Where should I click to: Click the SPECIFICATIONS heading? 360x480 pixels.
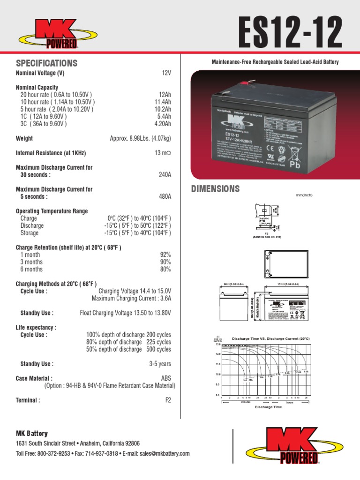pyautogui.click(x=46, y=63)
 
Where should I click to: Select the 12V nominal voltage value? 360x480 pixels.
pyautogui.click(x=166, y=74)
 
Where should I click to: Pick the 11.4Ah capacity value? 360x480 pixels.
pyautogui.click(x=163, y=102)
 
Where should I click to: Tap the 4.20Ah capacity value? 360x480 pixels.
pyautogui.click(x=163, y=124)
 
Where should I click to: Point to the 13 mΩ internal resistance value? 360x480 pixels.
pyautogui.click(x=163, y=153)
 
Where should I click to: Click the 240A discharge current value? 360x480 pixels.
pyautogui.click(x=165, y=175)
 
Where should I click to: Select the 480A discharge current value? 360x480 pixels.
pyautogui.click(x=165, y=197)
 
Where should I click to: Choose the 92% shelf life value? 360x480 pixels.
pyautogui.click(x=165, y=255)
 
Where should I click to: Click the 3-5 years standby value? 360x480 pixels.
pyautogui.click(x=160, y=364)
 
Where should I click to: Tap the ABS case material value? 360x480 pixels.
pyautogui.click(x=166, y=378)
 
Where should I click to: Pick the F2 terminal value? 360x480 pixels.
pyautogui.click(x=168, y=400)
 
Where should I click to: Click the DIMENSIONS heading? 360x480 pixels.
pyautogui.click(x=216, y=189)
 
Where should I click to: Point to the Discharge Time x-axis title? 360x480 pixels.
pyautogui.click(x=268, y=407)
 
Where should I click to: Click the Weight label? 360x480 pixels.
pyautogui.click(x=24, y=138)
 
